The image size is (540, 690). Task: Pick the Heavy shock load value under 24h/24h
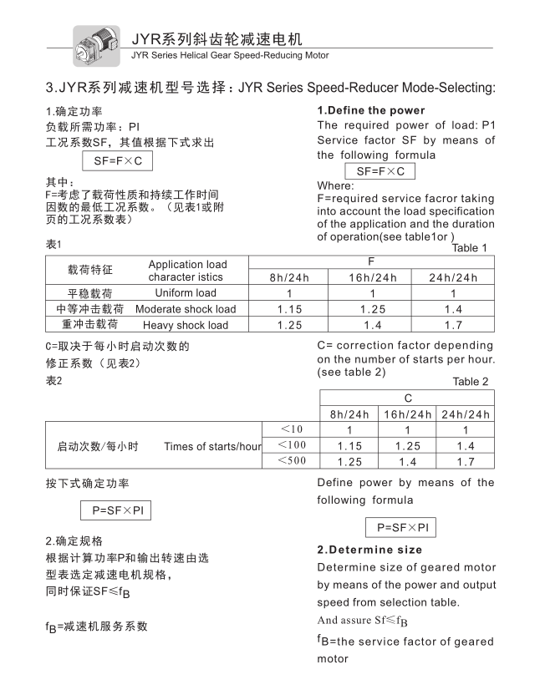[452, 324]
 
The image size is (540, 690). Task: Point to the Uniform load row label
[185, 293]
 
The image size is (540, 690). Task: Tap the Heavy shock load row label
[185, 325]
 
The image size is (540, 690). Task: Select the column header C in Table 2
[408, 398]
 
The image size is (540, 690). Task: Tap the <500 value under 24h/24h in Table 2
[466, 462]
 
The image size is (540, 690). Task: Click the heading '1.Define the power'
[370, 110]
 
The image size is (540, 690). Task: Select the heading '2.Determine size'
[369, 550]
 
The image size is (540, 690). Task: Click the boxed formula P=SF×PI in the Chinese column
[115, 510]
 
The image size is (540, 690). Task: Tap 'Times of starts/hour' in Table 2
[212, 446]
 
